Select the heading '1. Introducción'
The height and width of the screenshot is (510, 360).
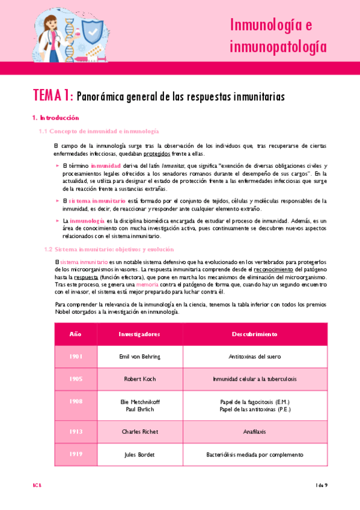pos(55,118)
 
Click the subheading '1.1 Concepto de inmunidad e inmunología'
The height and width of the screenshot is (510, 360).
pos(99,131)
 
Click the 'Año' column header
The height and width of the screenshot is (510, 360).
pos(75,333)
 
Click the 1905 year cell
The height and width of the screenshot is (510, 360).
pos(75,379)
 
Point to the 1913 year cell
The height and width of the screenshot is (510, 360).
pos(75,431)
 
